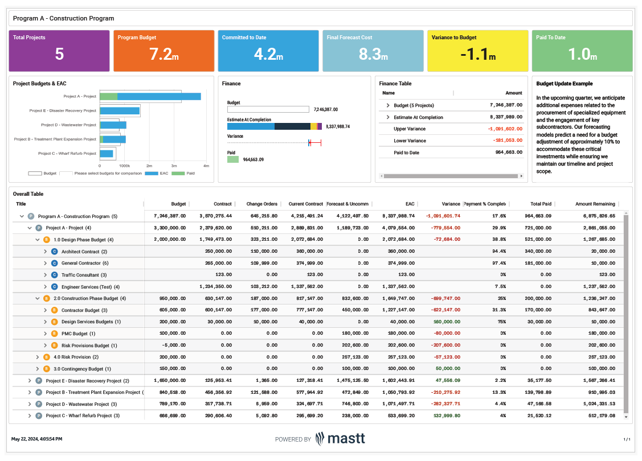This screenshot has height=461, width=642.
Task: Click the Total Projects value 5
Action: [59, 54]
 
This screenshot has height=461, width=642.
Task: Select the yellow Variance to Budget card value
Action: [476, 54]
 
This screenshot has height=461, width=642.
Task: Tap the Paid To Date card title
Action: [551, 38]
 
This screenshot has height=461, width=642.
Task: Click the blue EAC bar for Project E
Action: [120, 111]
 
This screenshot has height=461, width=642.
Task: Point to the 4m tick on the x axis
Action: [206, 165]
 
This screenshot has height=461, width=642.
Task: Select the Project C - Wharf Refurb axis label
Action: [67, 154]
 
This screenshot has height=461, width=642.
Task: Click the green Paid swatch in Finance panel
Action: [233, 160]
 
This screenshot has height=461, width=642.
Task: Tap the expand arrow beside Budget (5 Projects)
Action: [388, 105]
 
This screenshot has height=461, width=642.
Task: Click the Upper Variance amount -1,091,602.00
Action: [502, 129]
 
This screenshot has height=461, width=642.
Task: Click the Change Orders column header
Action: [261, 204]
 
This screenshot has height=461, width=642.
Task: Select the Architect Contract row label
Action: [80, 251]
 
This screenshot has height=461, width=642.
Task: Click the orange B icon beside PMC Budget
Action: [55, 334]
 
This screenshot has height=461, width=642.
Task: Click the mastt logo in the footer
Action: [341, 439]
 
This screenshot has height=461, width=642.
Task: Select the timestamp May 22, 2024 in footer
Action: [37, 439]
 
